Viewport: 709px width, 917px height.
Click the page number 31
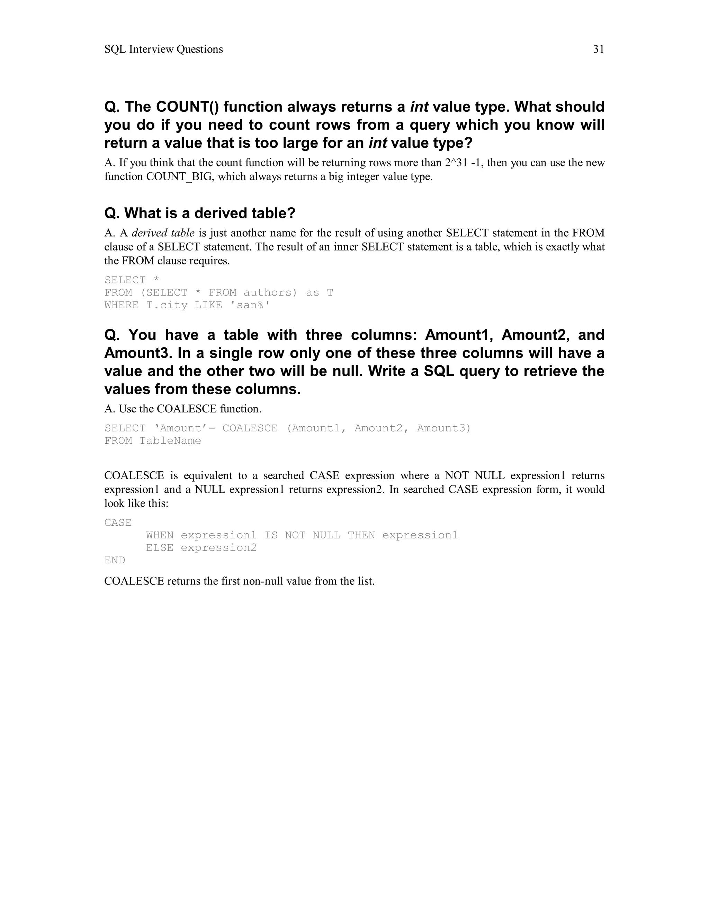pos(598,49)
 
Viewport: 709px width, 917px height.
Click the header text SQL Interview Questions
pos(163,49)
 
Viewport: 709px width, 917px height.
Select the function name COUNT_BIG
pos(179,177)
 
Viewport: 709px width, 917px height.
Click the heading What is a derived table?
pos(200,213)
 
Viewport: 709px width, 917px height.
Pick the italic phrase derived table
pos(163,233)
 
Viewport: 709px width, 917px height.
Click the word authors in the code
pos(267,293)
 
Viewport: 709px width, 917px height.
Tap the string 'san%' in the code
pos(250,305)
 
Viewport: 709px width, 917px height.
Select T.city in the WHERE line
pos(167,305)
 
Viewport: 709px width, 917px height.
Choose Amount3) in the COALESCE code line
pos(444,428)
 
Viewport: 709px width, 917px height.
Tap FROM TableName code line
pos(153,441)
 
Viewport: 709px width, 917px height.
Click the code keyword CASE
pos(118,523)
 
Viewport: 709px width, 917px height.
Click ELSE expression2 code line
pos(201,548)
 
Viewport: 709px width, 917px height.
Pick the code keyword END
pos(115,561)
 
